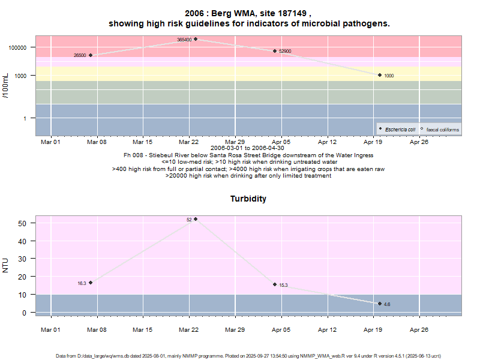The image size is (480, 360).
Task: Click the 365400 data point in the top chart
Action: [196, 39]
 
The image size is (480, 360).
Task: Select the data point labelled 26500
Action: [91, 55]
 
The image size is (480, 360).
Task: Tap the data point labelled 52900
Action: [275, 51]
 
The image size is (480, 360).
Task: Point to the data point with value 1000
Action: [380, 75]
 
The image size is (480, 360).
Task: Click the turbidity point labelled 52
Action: [196, 219]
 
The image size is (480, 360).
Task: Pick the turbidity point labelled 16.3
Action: [91, 283]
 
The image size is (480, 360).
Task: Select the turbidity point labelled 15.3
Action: [275, 284]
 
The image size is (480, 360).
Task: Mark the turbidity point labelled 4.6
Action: [380, 304]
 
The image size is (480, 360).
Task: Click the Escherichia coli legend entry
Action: [398, 129]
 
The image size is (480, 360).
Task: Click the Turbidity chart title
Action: [248, 199]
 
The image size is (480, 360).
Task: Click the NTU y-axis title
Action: [6, 265]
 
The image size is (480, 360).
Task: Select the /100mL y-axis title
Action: [6, 85]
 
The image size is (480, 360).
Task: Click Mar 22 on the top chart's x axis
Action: [188, 142]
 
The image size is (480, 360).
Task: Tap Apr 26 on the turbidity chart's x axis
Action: [419, 329]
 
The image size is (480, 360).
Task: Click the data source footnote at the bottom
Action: [248, 356]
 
